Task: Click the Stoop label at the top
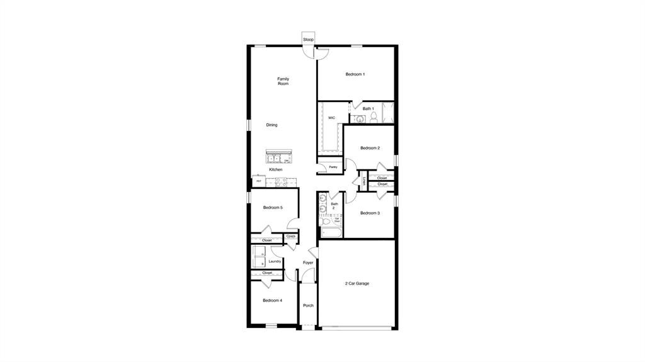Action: [x=308, y=40]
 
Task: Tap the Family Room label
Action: [x=283, y=81]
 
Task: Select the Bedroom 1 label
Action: [x=355, y=74]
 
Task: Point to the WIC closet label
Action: [x=331, y=118]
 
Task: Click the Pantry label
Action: [x=333, y=167]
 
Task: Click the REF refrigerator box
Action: [x=258, y=181]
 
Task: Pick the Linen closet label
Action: [x=364, y=181]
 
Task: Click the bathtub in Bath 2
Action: [x=331, y=234]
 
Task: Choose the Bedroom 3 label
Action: [x=370, y=213]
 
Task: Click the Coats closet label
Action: [x=291, y=236]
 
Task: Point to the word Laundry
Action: [x=275, y=261]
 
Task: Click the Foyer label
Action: [x=308, y=263]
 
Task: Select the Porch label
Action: [x=308, y=305]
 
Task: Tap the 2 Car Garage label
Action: [x=357, y=283]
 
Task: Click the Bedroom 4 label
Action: [x=272, y=300]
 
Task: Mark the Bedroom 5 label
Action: [x=273, y=208]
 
